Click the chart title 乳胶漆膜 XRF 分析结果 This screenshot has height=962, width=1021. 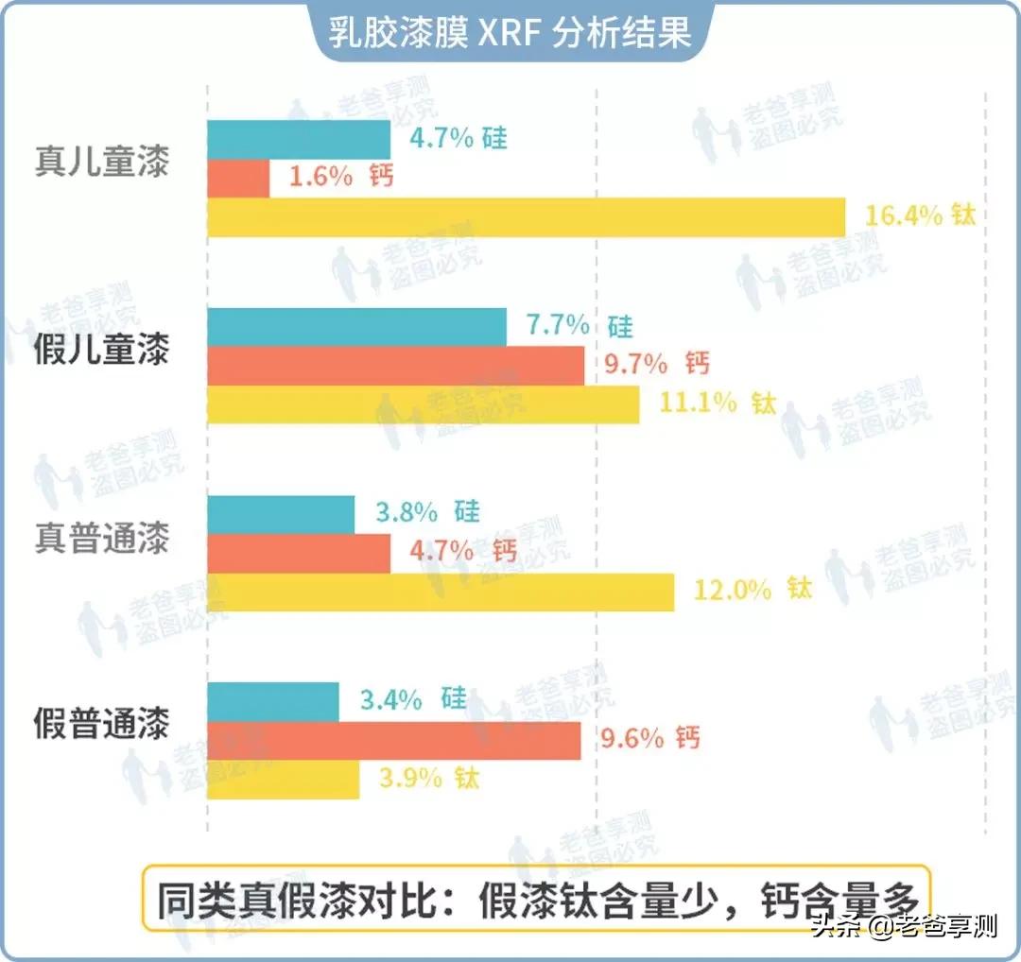pos(510,31)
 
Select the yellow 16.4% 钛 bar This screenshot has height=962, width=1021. pos(526,217)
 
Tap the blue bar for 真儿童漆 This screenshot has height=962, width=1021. pos(299,140)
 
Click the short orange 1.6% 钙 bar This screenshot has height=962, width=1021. pos(238,179)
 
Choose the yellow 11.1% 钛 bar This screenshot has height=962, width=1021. pos(423,404)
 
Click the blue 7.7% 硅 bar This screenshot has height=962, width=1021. pos(356,327)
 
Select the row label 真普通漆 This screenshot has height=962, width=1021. pos(102,539)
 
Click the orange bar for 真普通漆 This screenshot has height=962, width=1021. pos(299,553)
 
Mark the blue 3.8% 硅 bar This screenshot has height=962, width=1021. pos(281,514)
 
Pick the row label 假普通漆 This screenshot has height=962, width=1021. pos(102,725)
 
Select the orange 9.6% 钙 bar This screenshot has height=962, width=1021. pos(394,740)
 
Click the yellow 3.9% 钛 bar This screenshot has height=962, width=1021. pos(283,780)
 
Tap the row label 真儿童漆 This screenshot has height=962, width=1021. pos(102,162)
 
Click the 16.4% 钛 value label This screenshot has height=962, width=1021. pos(919,215)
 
